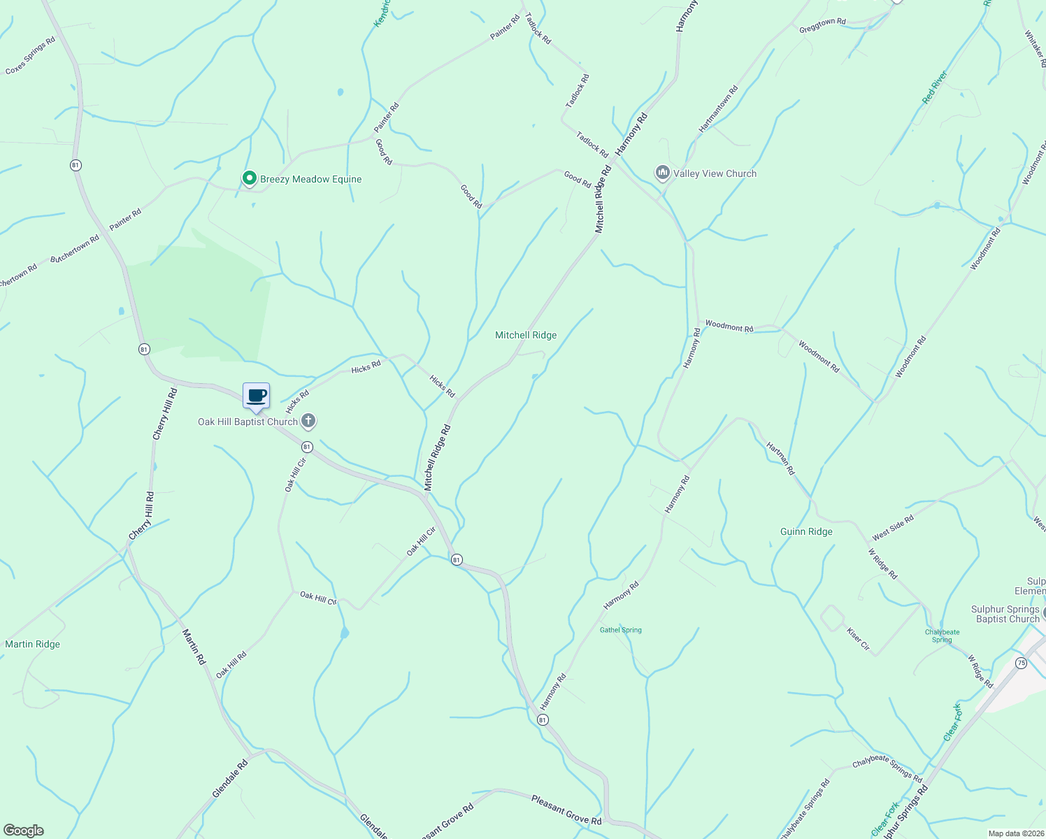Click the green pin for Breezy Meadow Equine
point(249,179)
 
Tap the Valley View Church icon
point(662,173)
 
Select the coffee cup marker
point(256,396)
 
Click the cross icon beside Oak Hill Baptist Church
point(308,421)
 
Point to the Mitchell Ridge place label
point(526,335)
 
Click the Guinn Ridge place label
point(806,531)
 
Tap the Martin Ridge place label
point(33,644)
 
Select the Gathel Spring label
point(620,630)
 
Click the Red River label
point(934,87)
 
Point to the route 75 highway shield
point(1022,663)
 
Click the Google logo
point(23,830)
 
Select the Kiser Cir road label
point(858,639)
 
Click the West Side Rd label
point(893,529)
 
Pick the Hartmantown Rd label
point(718,109)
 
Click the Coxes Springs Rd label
point(30,56)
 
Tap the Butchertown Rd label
point(75,248)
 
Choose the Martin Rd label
point(194,647)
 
